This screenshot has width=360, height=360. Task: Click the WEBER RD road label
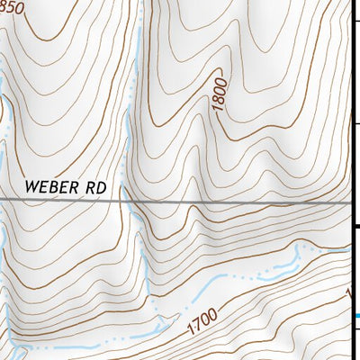click(65, 187)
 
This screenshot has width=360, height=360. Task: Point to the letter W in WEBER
click(31, 187)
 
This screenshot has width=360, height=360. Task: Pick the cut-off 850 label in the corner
click(12, 7)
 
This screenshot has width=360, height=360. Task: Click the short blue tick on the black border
click(356, 315)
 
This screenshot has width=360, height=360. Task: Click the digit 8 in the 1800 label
click(221, 100)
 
